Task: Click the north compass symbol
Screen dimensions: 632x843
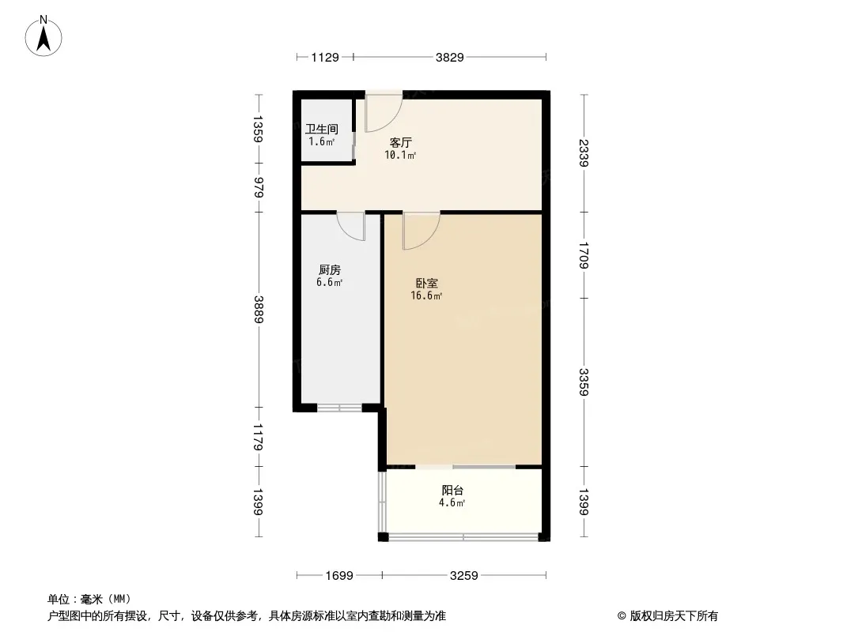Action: tap(45, 36)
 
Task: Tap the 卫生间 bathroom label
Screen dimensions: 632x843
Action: tap(322, 129)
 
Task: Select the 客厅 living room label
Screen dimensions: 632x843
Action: tap(400, 143)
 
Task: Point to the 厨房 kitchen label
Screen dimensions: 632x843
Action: tap(329, 269)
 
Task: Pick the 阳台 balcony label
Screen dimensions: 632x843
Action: tap(452, 490)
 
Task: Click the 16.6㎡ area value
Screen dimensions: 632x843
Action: tap(426, 296)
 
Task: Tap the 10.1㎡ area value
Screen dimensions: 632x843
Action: tap(400, 156)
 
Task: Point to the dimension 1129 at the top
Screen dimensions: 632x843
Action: tap(324, 57)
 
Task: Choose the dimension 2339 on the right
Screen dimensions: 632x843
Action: tap(584, 153)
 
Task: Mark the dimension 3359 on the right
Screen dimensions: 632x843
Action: tap(584, 382)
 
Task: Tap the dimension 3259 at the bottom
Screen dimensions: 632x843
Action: tap(464, 576)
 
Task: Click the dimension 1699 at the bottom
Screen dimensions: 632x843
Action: tap(338, 576)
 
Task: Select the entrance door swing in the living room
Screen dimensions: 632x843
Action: tap(383, 113)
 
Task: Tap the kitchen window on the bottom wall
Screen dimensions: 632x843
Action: tap(339, 408)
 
